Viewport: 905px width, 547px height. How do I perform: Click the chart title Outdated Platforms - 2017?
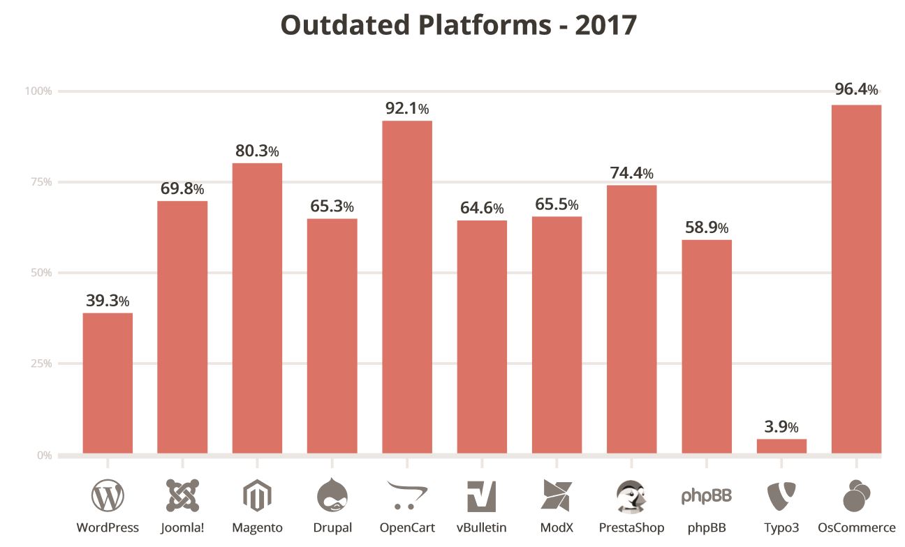[x=459, y=25]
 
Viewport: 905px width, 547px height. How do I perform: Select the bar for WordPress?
[x=108, y=383]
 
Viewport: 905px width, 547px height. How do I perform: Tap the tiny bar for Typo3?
[x=781, y=446]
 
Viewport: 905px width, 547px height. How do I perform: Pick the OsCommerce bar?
[x=856, y=279]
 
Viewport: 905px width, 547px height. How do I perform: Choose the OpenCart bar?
[x=407, y=287]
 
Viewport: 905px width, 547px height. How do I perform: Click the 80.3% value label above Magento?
[x=256, y=151]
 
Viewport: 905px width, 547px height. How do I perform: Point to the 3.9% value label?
[x=781, y=426]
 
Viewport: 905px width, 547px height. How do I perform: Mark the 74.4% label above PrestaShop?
[x=631, y=172]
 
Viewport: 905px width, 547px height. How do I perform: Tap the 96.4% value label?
[x=856, y=89]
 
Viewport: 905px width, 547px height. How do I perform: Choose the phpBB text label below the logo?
[x=706, y=527]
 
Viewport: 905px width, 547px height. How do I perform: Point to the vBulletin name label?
[x=481, y=527]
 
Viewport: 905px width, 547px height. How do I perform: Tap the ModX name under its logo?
[x=557, y=527]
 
